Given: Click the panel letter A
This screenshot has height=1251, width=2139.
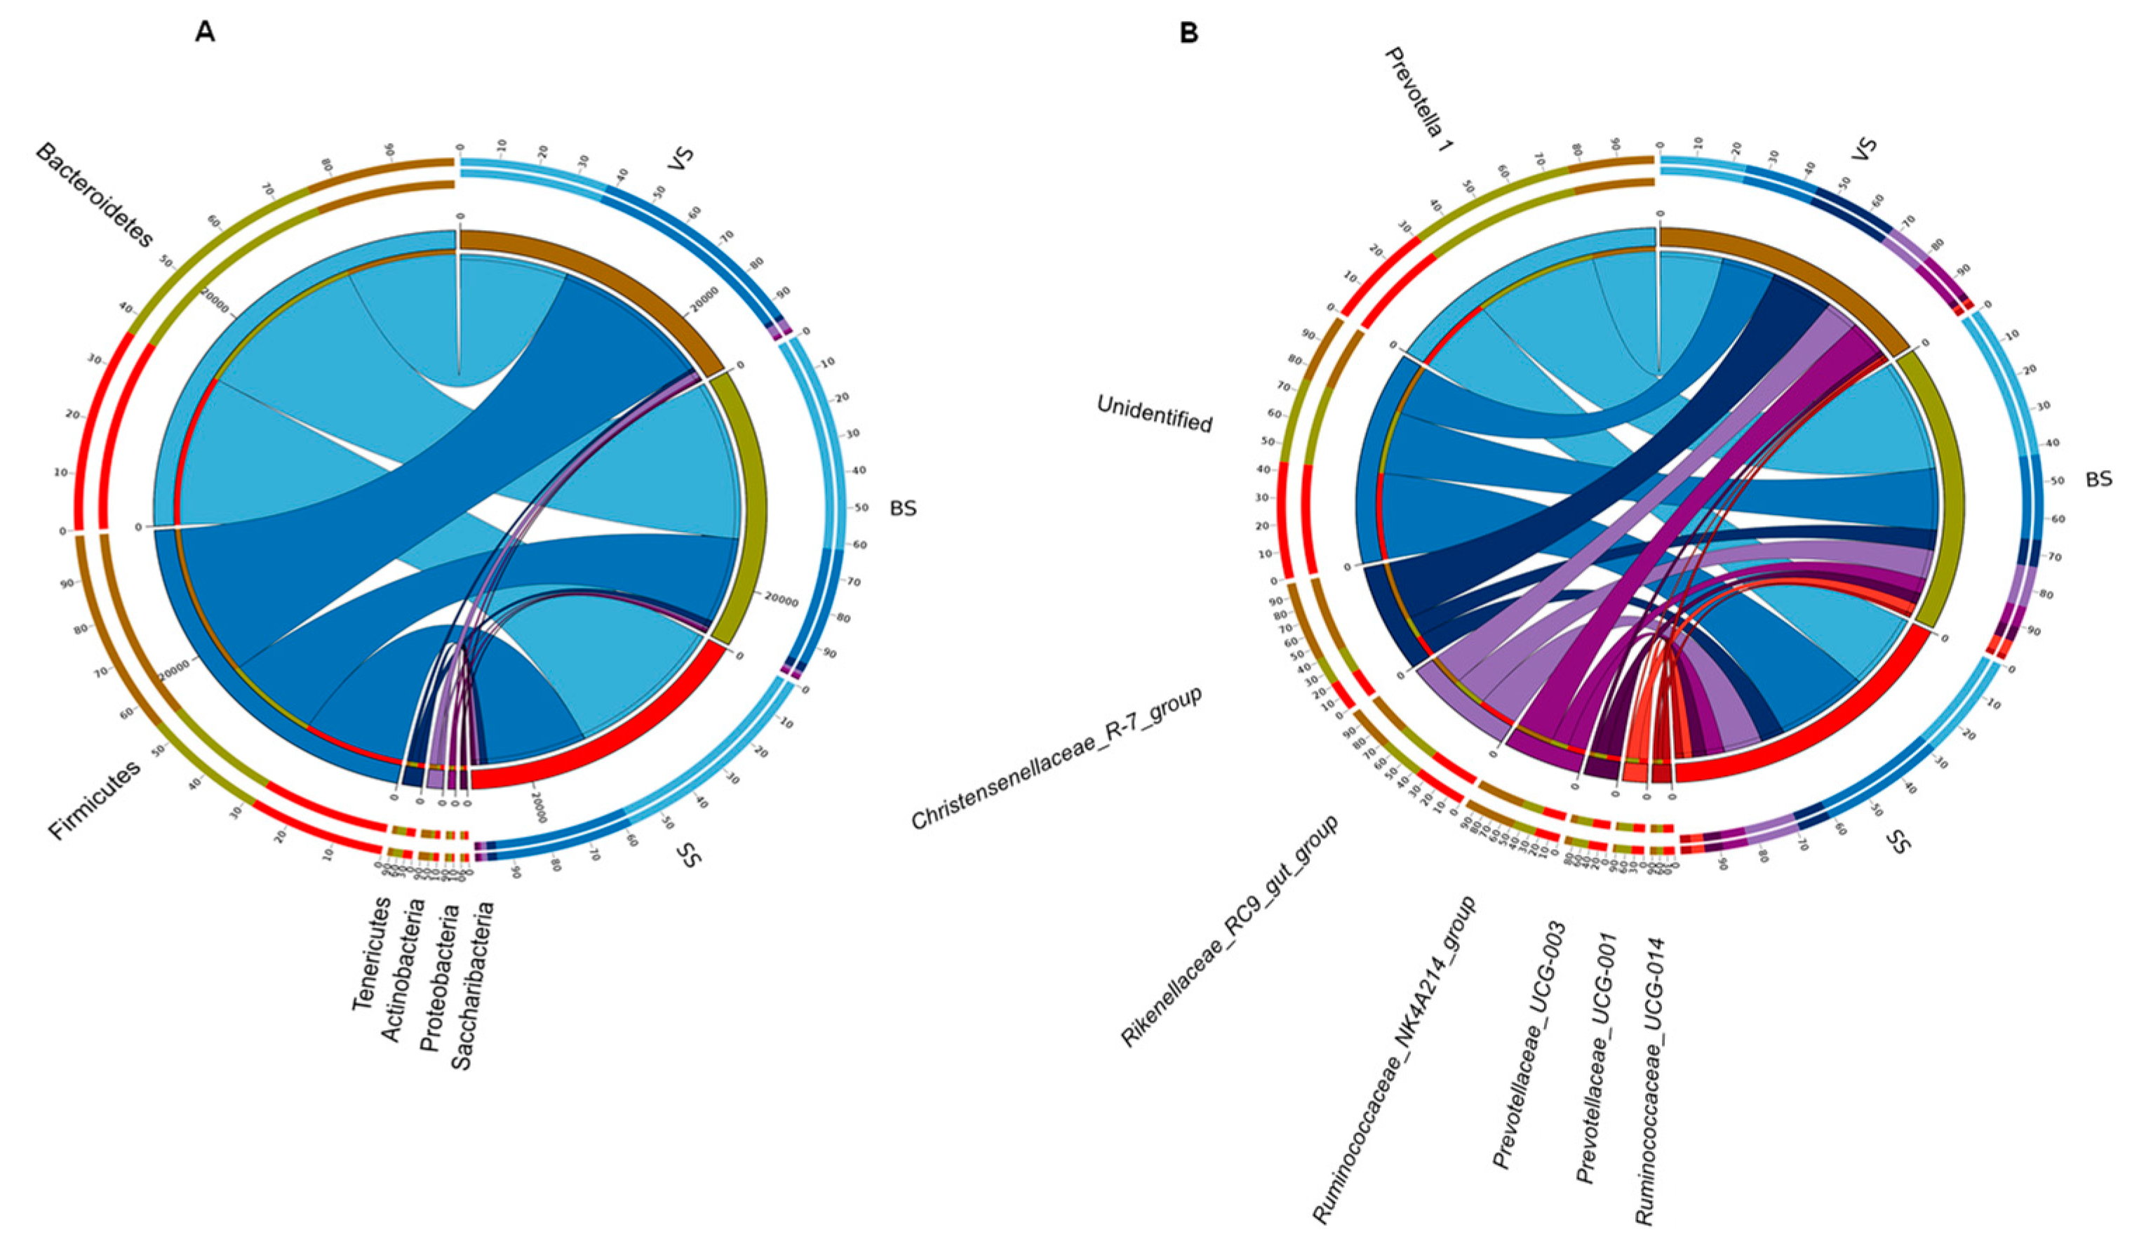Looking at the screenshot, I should click(x=205, y=32).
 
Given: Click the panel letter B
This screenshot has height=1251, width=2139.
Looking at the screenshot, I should click(x=1189, y=32).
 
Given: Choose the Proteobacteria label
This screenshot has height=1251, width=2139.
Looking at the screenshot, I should click(x=439, y=977).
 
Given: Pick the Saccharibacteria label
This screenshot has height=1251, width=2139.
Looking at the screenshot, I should click(x=473, y=984).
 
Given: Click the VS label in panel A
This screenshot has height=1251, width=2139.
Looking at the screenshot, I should click(x=680, y=159).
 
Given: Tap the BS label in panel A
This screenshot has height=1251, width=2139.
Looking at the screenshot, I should click(x=902, y=509).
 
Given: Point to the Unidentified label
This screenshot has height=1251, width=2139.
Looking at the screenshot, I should click(x=1154, y=414).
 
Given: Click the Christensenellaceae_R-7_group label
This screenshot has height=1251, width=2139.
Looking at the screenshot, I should click(x=1057, y=758).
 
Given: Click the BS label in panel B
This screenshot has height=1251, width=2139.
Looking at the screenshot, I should click(x=2098, y=479).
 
